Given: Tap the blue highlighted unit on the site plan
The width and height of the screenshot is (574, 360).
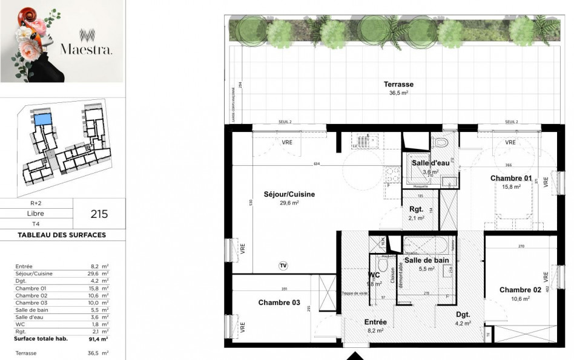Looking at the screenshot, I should pyautogui.click(x=42, y=119).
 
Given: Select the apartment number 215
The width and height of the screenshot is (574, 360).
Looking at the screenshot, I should pyautogui.click(x=99, y=214).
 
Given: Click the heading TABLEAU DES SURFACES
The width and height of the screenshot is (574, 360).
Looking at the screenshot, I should pyautogui.click(x=62, y=235).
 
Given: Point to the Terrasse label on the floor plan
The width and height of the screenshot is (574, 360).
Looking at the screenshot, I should pyautogui.click(x=398, y=84).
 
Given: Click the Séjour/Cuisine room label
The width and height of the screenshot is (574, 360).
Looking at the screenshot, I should pyautogui.click(x=289, y=194).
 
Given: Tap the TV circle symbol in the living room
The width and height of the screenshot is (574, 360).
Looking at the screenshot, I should pyautogui.click(x=283, y=265).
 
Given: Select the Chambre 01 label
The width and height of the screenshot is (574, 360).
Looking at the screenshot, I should pyautogui.click(x=510, y=178).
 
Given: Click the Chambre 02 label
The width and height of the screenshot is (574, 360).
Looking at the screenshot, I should pyautogui.click(x=520, y=290).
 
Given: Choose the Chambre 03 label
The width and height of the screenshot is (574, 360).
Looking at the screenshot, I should pyautogui.click(x=279, y=302).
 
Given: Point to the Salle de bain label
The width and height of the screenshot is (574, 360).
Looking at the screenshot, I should pyautogui.click(x=427, y=260).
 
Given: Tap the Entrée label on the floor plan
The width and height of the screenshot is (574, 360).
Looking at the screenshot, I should pyautogui.click(x=375, y=322).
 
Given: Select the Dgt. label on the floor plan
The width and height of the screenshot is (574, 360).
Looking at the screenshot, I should pyautogui.click(x=463, y=315).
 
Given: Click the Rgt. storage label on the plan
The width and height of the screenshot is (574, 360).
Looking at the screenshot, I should pyautogui.click(x=417, y=209).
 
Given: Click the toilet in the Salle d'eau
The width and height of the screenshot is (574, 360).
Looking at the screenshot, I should pyautogui.click(x=441, y=143).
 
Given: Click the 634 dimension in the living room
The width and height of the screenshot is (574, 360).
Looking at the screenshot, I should pyautogui.click(x=316, y=164).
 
